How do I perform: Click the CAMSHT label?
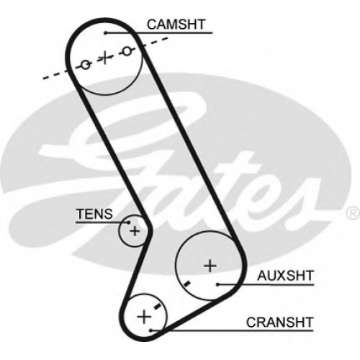pos(176,24)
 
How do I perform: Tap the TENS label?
pos(94,214)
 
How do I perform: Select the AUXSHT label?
pos(285,276)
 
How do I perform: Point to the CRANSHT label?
pos(280,323)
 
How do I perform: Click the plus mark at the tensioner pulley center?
pos(135,231)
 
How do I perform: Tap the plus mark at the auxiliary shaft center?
pos(210,266)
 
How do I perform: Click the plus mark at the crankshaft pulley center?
pos(144,317)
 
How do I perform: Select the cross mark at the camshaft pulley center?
pos(105,58)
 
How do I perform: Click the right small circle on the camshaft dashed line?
pos(127,51)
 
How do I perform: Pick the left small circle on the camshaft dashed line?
pos(86,65)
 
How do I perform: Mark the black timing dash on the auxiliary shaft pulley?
pos(186,284)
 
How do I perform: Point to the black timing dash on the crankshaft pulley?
pos(158,306)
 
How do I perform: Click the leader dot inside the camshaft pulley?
pos(106,32)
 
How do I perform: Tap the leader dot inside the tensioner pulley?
pos(129,222)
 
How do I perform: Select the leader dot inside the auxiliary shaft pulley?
pos(217,284)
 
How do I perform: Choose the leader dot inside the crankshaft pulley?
pos(150,330)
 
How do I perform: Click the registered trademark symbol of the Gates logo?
pos(353,213)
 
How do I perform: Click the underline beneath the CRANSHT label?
pos(232,330)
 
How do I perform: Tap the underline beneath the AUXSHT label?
pos(266,285)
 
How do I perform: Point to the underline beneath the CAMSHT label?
pos(159,32)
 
